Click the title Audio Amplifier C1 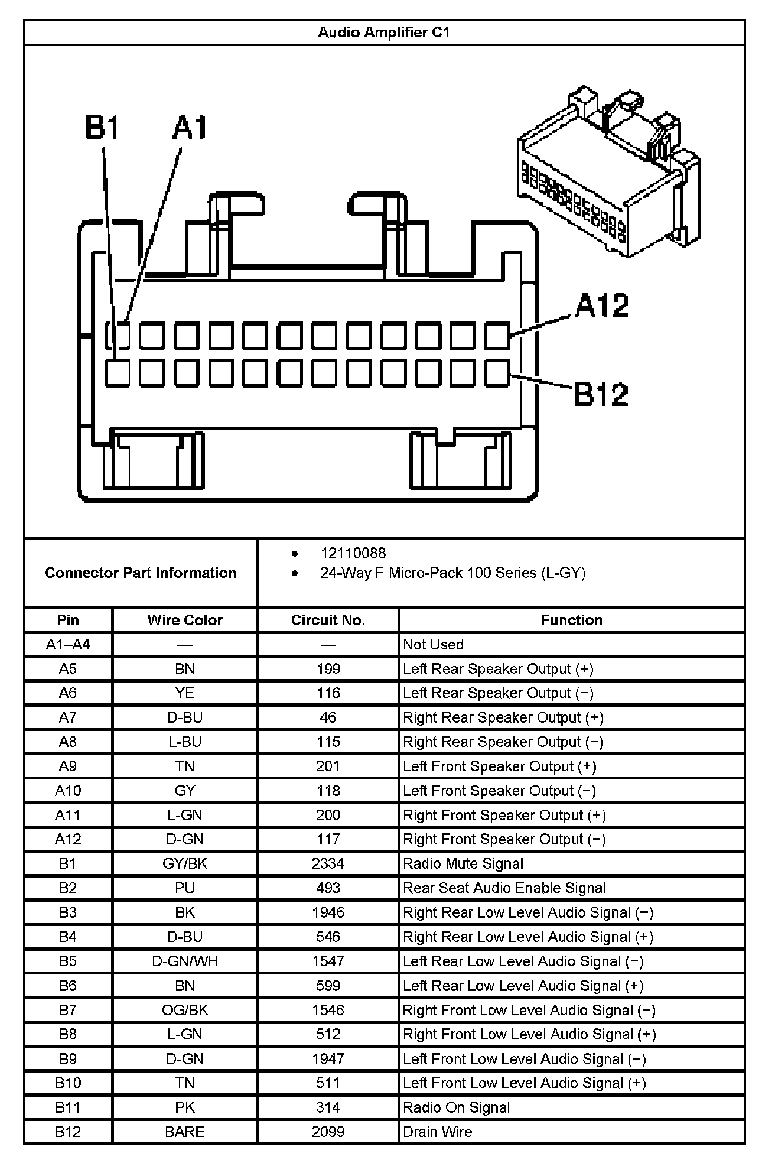click(x=384, y=33)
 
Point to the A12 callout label click(x=602, y=306)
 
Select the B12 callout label click(x=601, y=394)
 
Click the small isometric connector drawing click(x=608, y=171)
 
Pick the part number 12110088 click(x=353, y=553)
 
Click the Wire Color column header click(x=185, y=620)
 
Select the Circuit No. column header click(x=328, y=620)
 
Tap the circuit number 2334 click(x=328, y=863)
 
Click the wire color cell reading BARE click(x=185, y=1132)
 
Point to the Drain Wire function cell click(x=438, y=1132)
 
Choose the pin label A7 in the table click(x=68, y=717)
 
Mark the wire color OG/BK click(x=185, y=1010)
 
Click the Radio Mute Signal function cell click(x=463, y=863)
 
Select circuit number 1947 click(x=328, y=1058)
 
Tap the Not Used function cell click(x=433, y=644)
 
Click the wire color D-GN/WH click(x=185, y=961)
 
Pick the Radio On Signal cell click(x=456, y=1107)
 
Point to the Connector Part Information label click(x=141, y=573)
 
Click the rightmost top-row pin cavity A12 click(x=497, y=336)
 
